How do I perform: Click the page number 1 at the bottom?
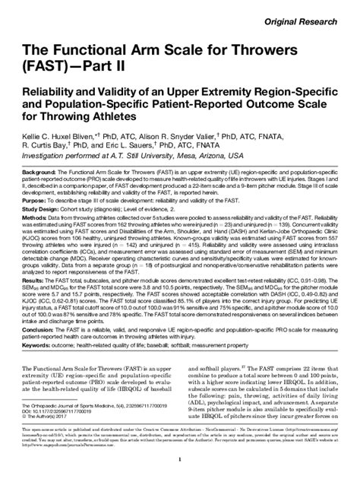click(x=180, y=461)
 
